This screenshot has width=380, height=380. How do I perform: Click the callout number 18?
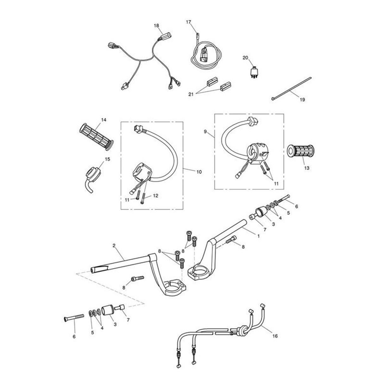156,25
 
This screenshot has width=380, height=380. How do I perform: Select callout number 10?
199,172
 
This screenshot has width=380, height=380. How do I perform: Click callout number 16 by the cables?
275,336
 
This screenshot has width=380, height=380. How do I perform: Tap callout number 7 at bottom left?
128,320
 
